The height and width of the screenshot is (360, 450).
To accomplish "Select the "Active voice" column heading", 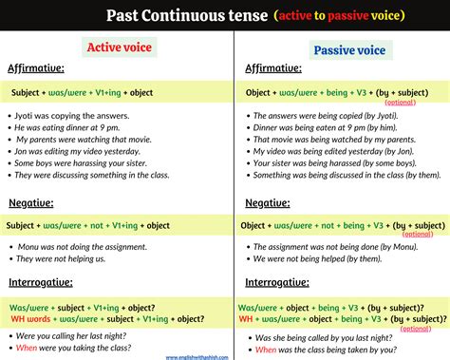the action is click(119, 47).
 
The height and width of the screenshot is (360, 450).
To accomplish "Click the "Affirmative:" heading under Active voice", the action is click(38, 69).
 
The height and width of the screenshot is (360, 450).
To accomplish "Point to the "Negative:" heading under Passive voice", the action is click(268, 203).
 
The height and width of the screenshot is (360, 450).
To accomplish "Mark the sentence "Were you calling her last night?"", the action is click(76, 337).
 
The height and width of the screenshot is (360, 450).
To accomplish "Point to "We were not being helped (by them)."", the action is click(313, 257).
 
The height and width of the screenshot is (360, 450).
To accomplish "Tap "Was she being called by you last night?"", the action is click(323, 337).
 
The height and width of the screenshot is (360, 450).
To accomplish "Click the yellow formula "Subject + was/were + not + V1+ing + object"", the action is click(88, 225).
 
